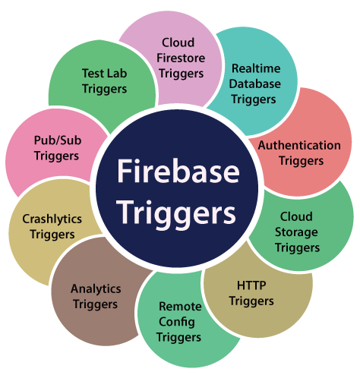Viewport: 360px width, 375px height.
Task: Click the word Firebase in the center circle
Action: coord(178,171)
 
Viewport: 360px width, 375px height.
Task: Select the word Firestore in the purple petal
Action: coord(181,58)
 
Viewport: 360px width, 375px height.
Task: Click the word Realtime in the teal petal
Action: coord(256,68)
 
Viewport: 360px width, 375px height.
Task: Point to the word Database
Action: coord(255,84)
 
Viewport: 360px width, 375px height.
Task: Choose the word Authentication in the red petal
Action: coord(299,145)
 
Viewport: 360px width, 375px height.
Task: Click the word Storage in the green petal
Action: coord(296,233)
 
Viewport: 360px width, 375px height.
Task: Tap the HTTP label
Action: coord(251,285)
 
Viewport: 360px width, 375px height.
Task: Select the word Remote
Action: coord(180,307)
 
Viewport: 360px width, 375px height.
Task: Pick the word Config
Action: coord(177,323)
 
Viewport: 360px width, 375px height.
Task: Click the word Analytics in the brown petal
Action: coord(96,289)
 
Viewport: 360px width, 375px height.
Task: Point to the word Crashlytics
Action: coord(52,219)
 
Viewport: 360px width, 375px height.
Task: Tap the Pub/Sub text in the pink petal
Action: coord(58,140)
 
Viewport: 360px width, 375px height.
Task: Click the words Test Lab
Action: coord(104,74)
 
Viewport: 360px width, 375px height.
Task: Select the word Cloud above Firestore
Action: coord(178,43)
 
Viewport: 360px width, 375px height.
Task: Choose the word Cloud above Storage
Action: coord(296,216)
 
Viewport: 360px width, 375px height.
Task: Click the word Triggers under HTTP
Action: coord(251,301)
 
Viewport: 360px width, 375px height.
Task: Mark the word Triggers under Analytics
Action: coord(95,304)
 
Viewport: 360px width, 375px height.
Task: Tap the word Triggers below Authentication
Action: coord(301,161)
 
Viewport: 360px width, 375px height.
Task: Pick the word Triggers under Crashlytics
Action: coord(52,235)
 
